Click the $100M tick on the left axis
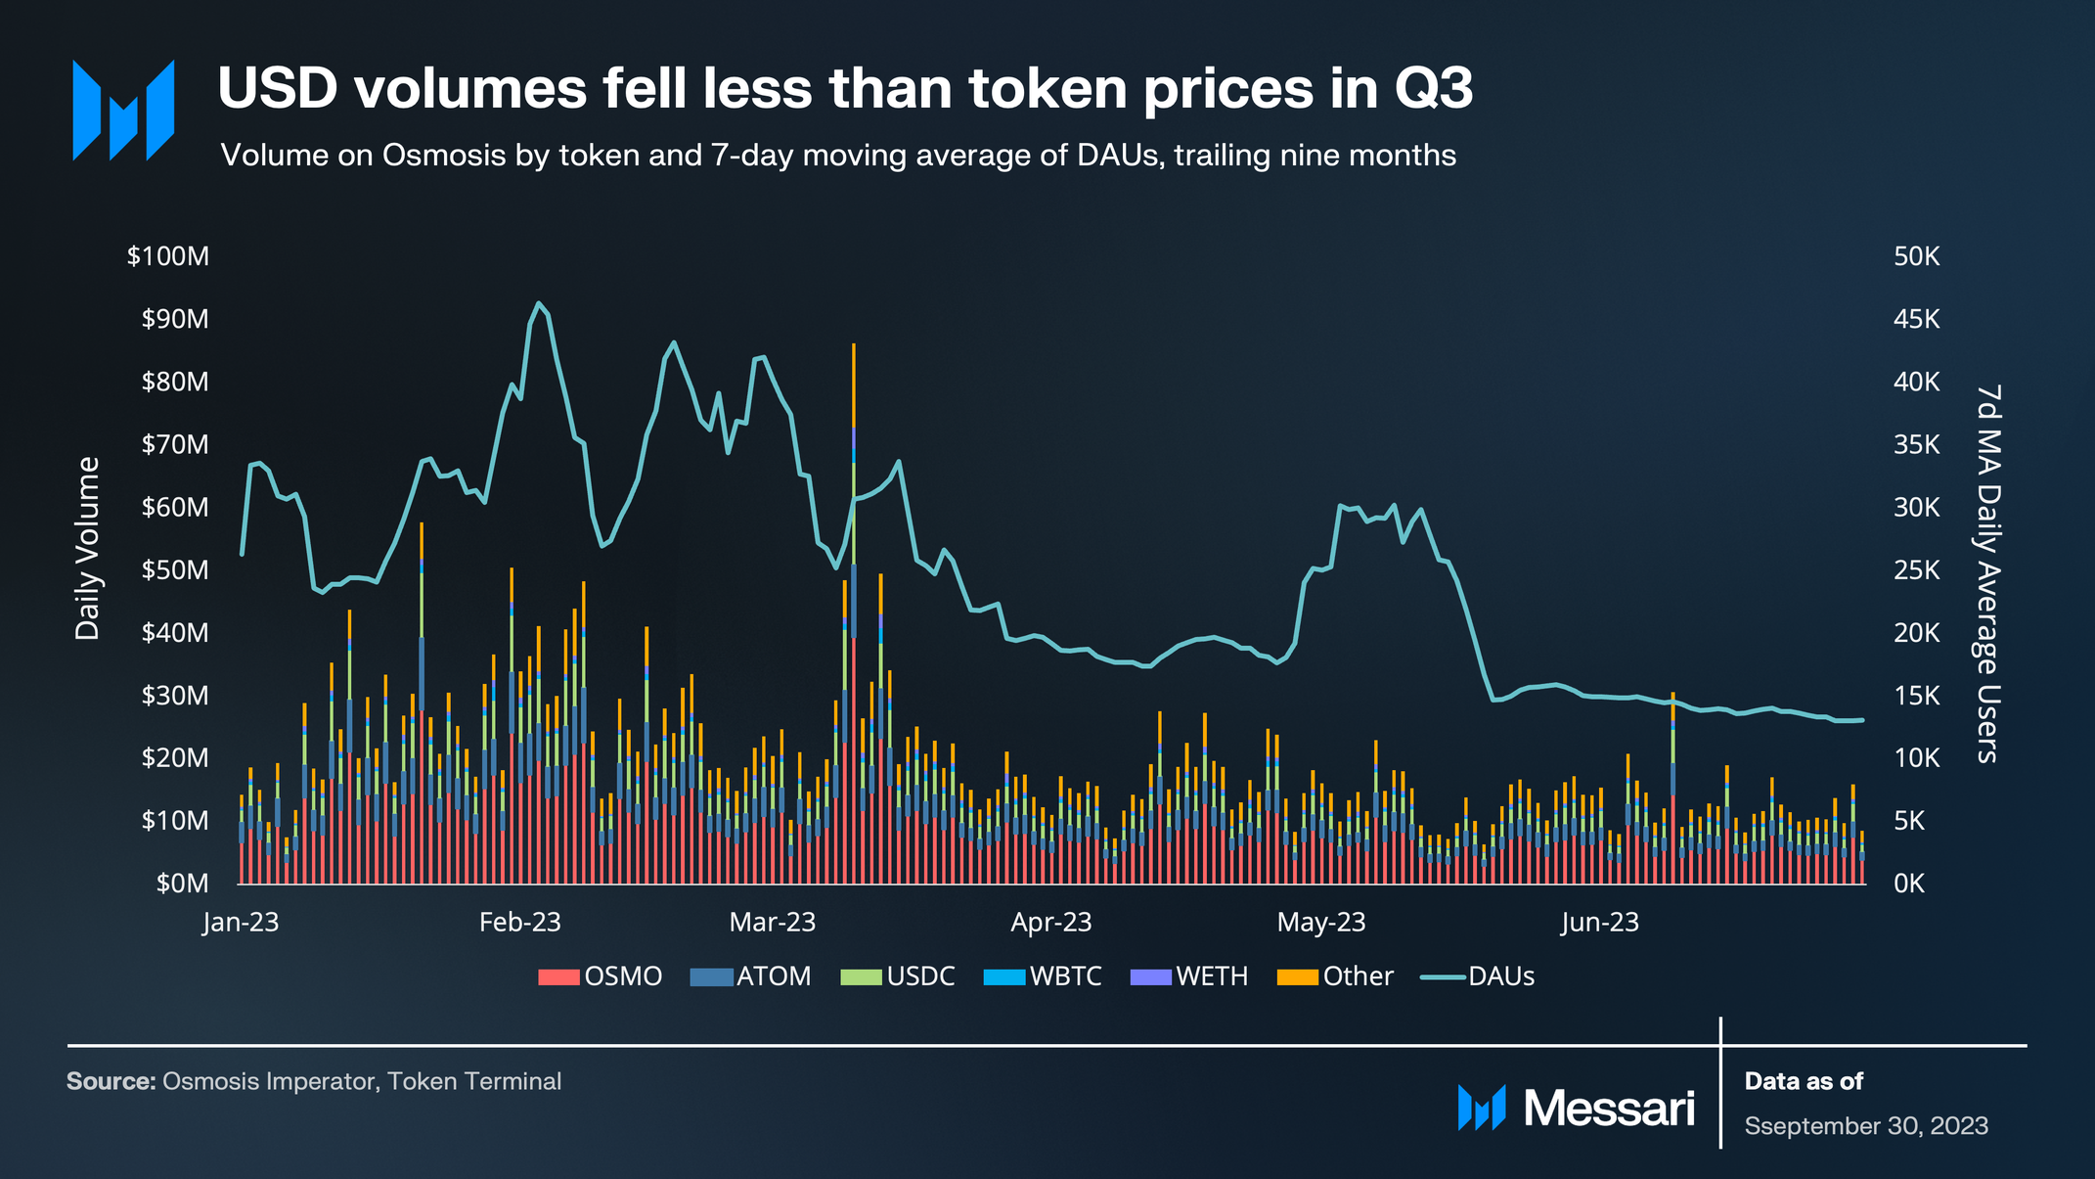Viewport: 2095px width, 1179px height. tap(167, 256)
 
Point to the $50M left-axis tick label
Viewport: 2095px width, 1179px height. tap(174, 570)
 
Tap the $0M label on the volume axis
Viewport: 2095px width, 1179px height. tap(182, 884)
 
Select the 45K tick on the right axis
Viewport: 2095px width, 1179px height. tap(1916, 319)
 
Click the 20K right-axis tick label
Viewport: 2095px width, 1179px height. tap(1916, 633)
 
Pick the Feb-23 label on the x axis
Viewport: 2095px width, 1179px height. tap(519, 923)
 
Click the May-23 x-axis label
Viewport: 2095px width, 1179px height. tap(1320, 923)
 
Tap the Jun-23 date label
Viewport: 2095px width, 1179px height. tap(1599, 923)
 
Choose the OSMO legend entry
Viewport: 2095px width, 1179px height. tap(601, 976)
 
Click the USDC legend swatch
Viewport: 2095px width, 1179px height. tap(862, 976)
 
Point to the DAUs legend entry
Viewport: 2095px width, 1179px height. tap(1478, 976)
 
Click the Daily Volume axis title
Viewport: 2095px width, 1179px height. tap(88, 548)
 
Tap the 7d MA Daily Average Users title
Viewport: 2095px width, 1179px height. tap(1987, 573)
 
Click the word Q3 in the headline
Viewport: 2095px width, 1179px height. tap(1433, 89)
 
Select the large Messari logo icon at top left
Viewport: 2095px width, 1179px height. tap(123, 110)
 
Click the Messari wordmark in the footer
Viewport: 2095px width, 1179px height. tap(1608, 1109)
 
